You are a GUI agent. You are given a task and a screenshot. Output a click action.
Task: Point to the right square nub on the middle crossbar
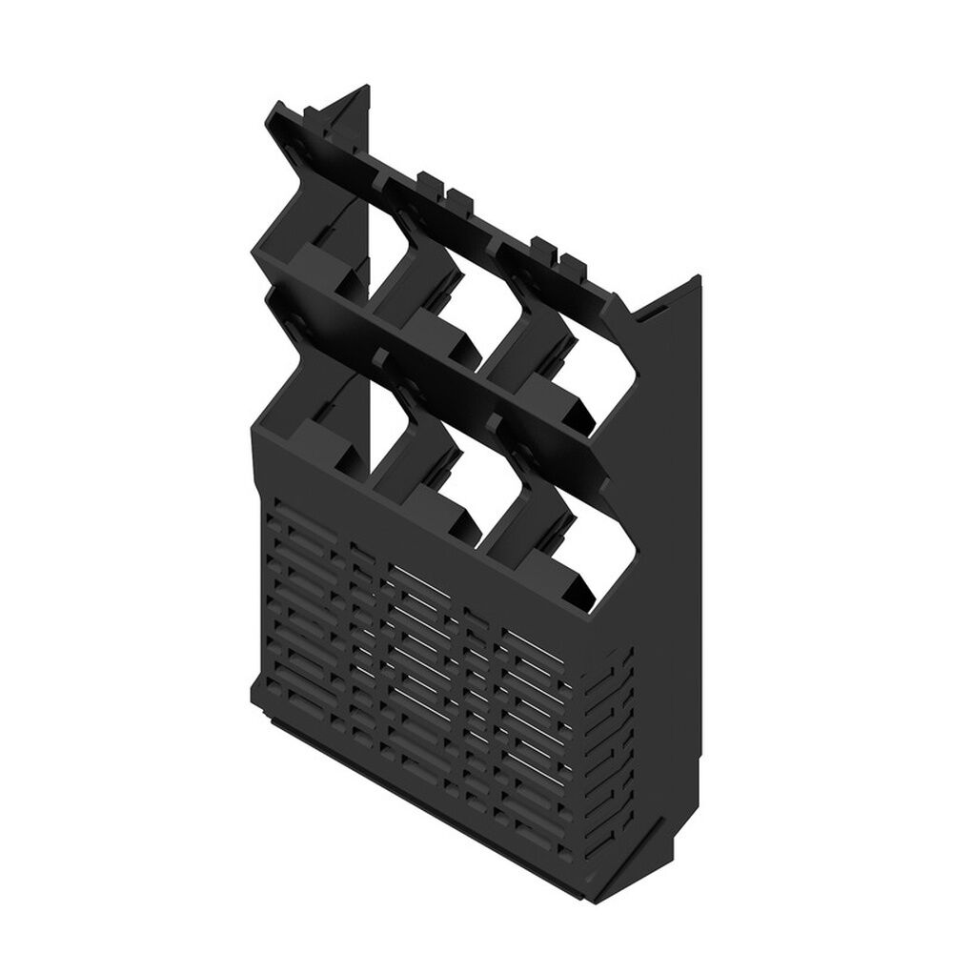pos(497,420)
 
